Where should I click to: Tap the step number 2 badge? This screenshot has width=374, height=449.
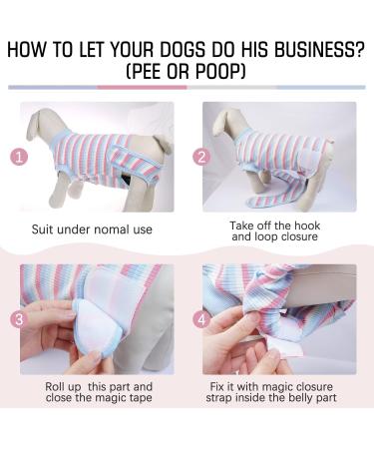(200, 156)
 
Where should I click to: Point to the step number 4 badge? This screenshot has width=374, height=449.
(200, 320)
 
